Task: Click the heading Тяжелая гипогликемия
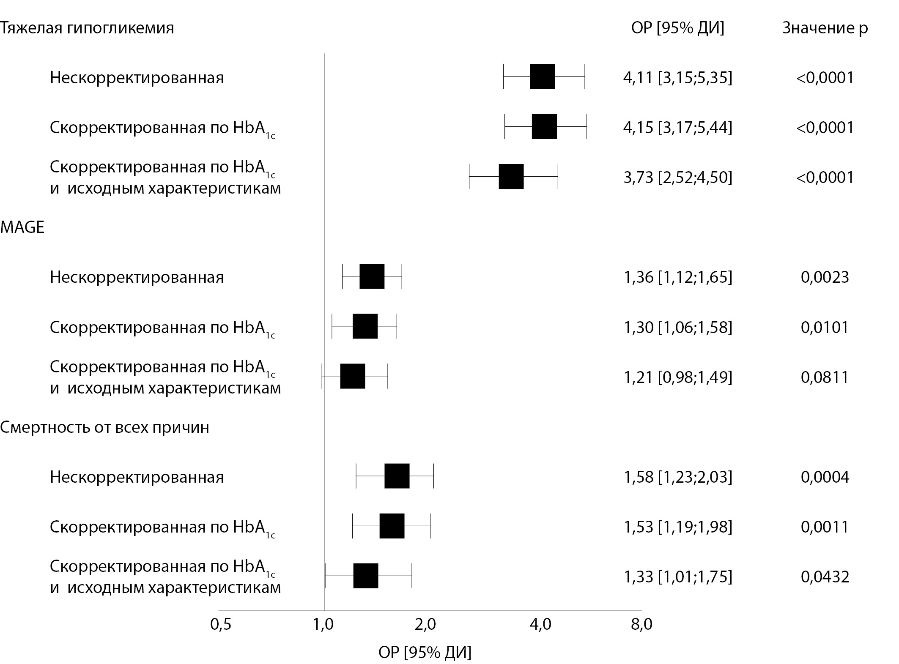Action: (87, 28)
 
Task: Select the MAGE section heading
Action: (22, 227)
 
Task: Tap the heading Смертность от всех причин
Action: (104, 427)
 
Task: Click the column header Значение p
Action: (825, 28)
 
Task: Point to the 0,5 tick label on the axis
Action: (221, 625)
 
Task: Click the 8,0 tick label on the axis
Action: (641, 625)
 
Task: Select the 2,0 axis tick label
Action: (425, 625)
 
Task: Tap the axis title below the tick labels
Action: (425, 652)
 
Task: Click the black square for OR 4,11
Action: (542, 77)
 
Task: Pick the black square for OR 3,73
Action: (511, 177)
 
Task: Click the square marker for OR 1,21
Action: (353, 376)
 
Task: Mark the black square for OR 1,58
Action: (397, 476)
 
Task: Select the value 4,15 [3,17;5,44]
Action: (677, 127)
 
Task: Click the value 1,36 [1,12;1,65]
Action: (677, 277)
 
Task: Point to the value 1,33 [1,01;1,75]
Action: (677, 577)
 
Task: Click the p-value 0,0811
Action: (825, 377)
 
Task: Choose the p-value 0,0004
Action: (825, 477)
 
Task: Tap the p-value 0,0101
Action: (825, 327)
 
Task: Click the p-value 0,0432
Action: (825, 577)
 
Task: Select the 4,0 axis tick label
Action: (540, 625)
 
